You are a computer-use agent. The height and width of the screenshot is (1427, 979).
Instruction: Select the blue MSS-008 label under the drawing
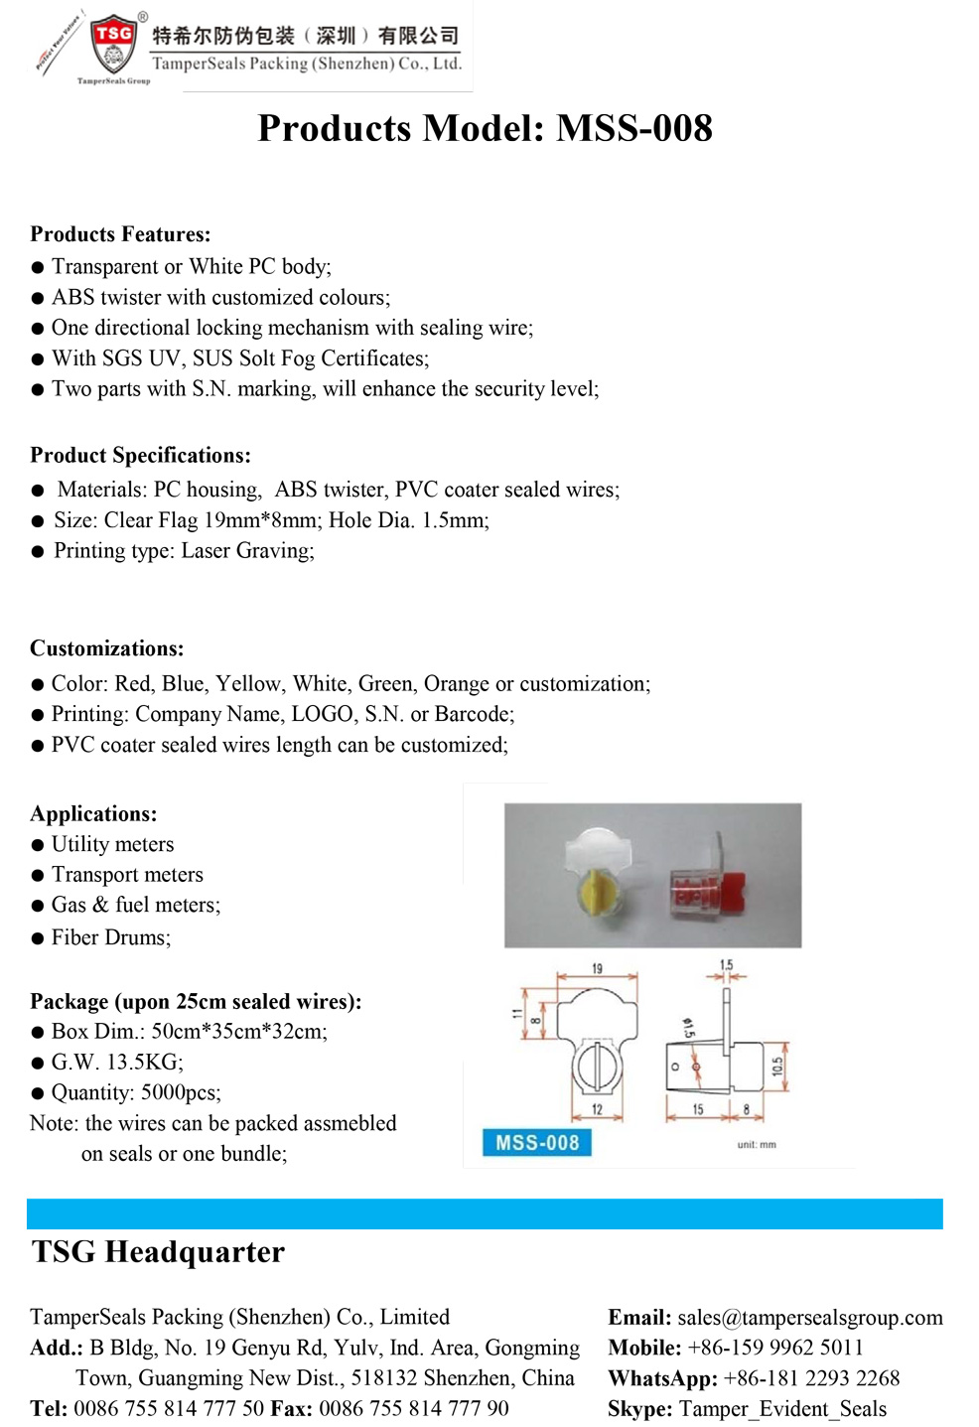[537, 1142]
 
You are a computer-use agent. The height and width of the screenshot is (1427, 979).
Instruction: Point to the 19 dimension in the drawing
[597, 968]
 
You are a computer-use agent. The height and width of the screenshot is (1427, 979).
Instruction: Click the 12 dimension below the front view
[597, 1109]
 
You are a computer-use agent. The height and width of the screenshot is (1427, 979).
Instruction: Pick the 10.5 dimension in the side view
[777, 1067]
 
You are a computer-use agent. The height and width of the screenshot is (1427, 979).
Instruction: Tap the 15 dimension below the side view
[697, 1109]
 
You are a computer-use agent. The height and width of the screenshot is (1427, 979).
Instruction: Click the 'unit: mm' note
[757, 1145]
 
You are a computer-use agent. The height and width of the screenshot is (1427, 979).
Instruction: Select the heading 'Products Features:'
[120, 234]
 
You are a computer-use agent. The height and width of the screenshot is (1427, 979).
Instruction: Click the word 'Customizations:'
[107, 648]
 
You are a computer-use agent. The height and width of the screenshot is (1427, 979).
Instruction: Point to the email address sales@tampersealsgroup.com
[809, 1318]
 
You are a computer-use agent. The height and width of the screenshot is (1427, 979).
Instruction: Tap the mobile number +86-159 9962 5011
[774, 1348]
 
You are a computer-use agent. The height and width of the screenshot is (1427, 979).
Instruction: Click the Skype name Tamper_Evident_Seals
[782, 1409]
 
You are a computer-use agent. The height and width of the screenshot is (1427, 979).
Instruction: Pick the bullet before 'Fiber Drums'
[38, 938]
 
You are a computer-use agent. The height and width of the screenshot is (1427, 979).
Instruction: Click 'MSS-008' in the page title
[633, 128]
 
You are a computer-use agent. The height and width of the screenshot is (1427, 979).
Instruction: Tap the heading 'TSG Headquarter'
[158, 1252]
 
